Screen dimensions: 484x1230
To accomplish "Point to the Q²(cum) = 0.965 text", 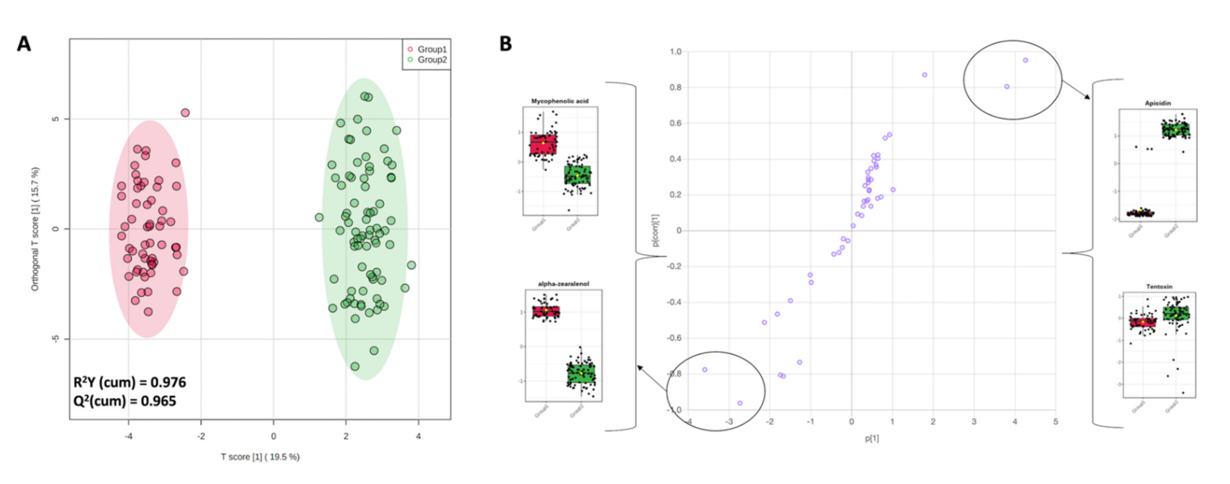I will pos(125,401).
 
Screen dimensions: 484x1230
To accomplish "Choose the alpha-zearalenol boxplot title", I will pos(563,284).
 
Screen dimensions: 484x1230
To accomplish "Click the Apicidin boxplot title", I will pos(1157,103).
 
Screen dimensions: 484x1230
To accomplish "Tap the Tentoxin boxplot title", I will pos(1159,287).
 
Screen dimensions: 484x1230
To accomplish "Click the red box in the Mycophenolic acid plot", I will pos(543,144).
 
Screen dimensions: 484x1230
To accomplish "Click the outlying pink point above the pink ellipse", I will pos(185,113).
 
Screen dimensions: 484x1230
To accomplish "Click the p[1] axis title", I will pos(872,439).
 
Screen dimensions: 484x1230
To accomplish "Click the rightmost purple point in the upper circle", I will pos(1025,60).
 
